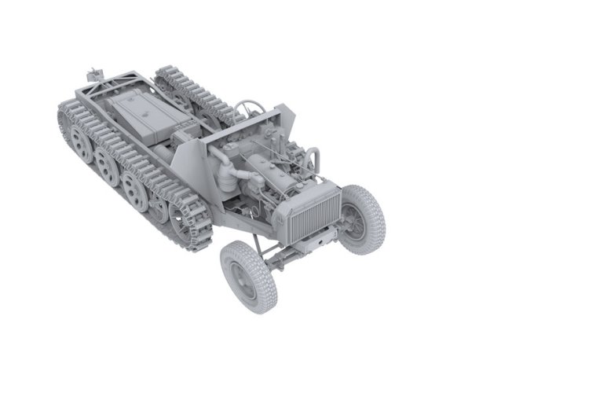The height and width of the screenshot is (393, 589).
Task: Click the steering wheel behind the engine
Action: coord(250,106)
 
